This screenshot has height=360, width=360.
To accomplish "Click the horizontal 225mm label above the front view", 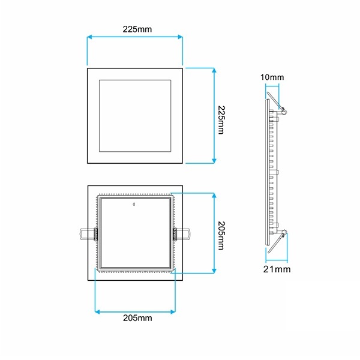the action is coord(137,29).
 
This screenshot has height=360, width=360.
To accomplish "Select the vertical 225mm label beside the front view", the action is coord(221,120).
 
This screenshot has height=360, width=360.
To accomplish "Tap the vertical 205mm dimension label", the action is coord(221,236).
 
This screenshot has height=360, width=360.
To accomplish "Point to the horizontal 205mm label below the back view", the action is coord(137,318).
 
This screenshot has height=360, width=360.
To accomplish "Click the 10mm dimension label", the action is coord(272,77).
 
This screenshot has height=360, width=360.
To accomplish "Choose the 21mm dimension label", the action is coord(277,269).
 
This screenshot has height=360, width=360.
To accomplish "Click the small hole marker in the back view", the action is coord(134,204).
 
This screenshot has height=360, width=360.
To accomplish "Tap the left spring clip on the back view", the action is coord(88,234).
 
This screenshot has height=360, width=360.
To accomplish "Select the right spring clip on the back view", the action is coord(181,234).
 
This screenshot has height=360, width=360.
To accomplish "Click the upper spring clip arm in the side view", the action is coord(274,101).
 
